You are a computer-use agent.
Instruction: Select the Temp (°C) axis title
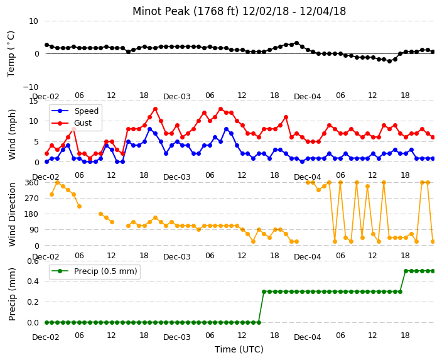pos(11,54)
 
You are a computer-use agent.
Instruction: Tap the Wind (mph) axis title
pos(12,134)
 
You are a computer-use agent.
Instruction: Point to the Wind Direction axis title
pos(12,214)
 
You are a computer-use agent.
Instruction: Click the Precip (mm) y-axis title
pos(12,294)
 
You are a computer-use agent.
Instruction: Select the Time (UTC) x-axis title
pos(239,349)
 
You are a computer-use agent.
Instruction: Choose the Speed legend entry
pos(75,111)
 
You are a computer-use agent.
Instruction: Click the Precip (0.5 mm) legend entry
pos(94,271)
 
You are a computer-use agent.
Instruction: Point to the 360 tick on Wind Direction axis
pos(31,183)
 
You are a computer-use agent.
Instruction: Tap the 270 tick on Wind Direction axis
pos(31,199)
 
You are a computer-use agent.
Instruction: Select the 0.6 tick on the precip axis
pos(33,261)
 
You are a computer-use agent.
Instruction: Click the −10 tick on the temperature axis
pos(31,87)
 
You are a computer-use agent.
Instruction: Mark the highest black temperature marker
pos(296,43)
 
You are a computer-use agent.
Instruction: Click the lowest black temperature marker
pos(389,61)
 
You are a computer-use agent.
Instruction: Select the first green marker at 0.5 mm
pos(406,271)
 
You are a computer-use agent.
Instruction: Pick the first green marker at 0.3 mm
pos(264,292)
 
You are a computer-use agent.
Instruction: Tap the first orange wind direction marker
pos(52,194)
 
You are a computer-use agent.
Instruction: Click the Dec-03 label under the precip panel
pos(177,337)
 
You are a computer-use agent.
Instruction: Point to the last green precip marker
pos(433,271)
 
